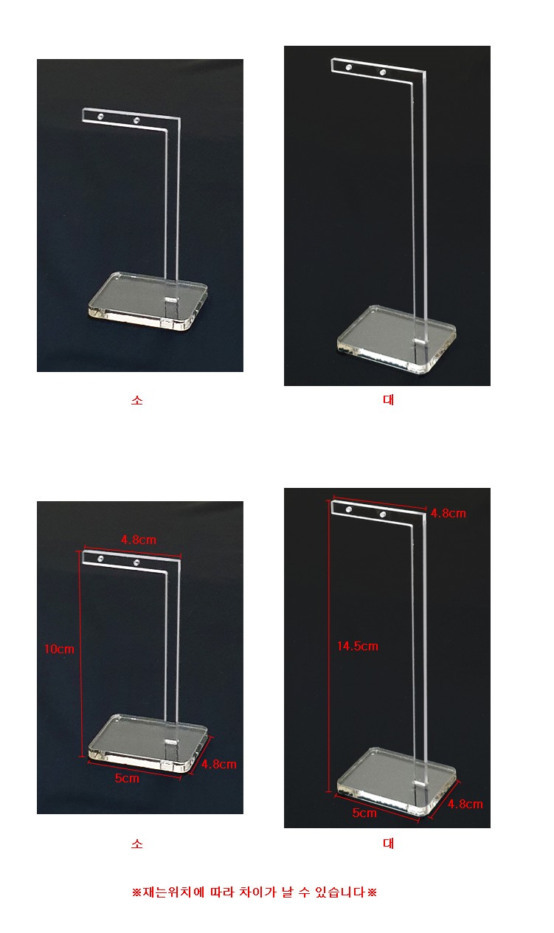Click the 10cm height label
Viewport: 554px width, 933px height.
tap(59, 649)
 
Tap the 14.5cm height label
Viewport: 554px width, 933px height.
tap(358, 646)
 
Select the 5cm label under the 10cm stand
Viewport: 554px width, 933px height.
tap(127, 778)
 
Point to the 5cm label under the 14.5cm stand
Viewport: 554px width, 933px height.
tap(364, 813)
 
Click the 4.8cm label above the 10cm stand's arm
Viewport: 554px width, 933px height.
tap(139, 540)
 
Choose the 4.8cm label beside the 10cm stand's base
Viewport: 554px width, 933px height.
tap(219, 764)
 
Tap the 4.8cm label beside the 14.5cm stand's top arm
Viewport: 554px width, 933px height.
tap(449, 513)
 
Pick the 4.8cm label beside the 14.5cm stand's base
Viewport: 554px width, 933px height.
tap(465, 804)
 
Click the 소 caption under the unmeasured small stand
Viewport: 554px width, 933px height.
tap(137, 400)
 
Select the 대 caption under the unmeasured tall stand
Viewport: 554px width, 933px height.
tap(388, 400)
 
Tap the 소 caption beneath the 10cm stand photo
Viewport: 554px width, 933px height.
tap(137, 844)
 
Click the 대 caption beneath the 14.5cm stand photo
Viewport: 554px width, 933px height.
tap(388, 844)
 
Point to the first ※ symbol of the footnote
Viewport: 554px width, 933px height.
tap(136, 892)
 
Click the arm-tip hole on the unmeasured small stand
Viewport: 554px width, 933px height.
tap(100, 117)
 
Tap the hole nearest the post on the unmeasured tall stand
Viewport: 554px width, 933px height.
tap(383, 72)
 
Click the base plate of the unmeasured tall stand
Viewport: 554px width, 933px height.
tap(396, 337)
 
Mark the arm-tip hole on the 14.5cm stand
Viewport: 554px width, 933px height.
tap(349, 509)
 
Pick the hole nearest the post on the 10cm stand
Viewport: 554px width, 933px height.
tap(136, 562)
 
